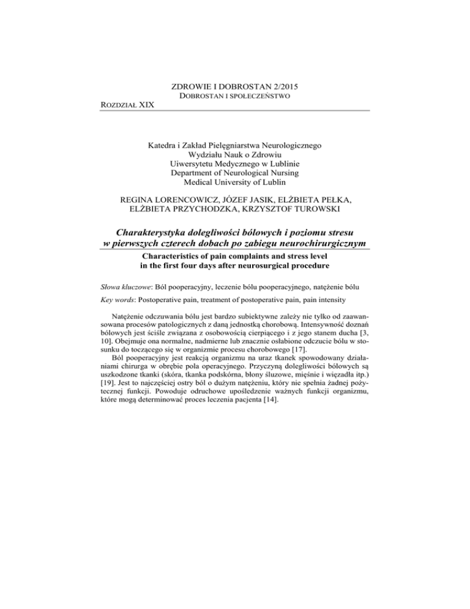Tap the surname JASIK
pyautogui.click(x=272, y=199)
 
